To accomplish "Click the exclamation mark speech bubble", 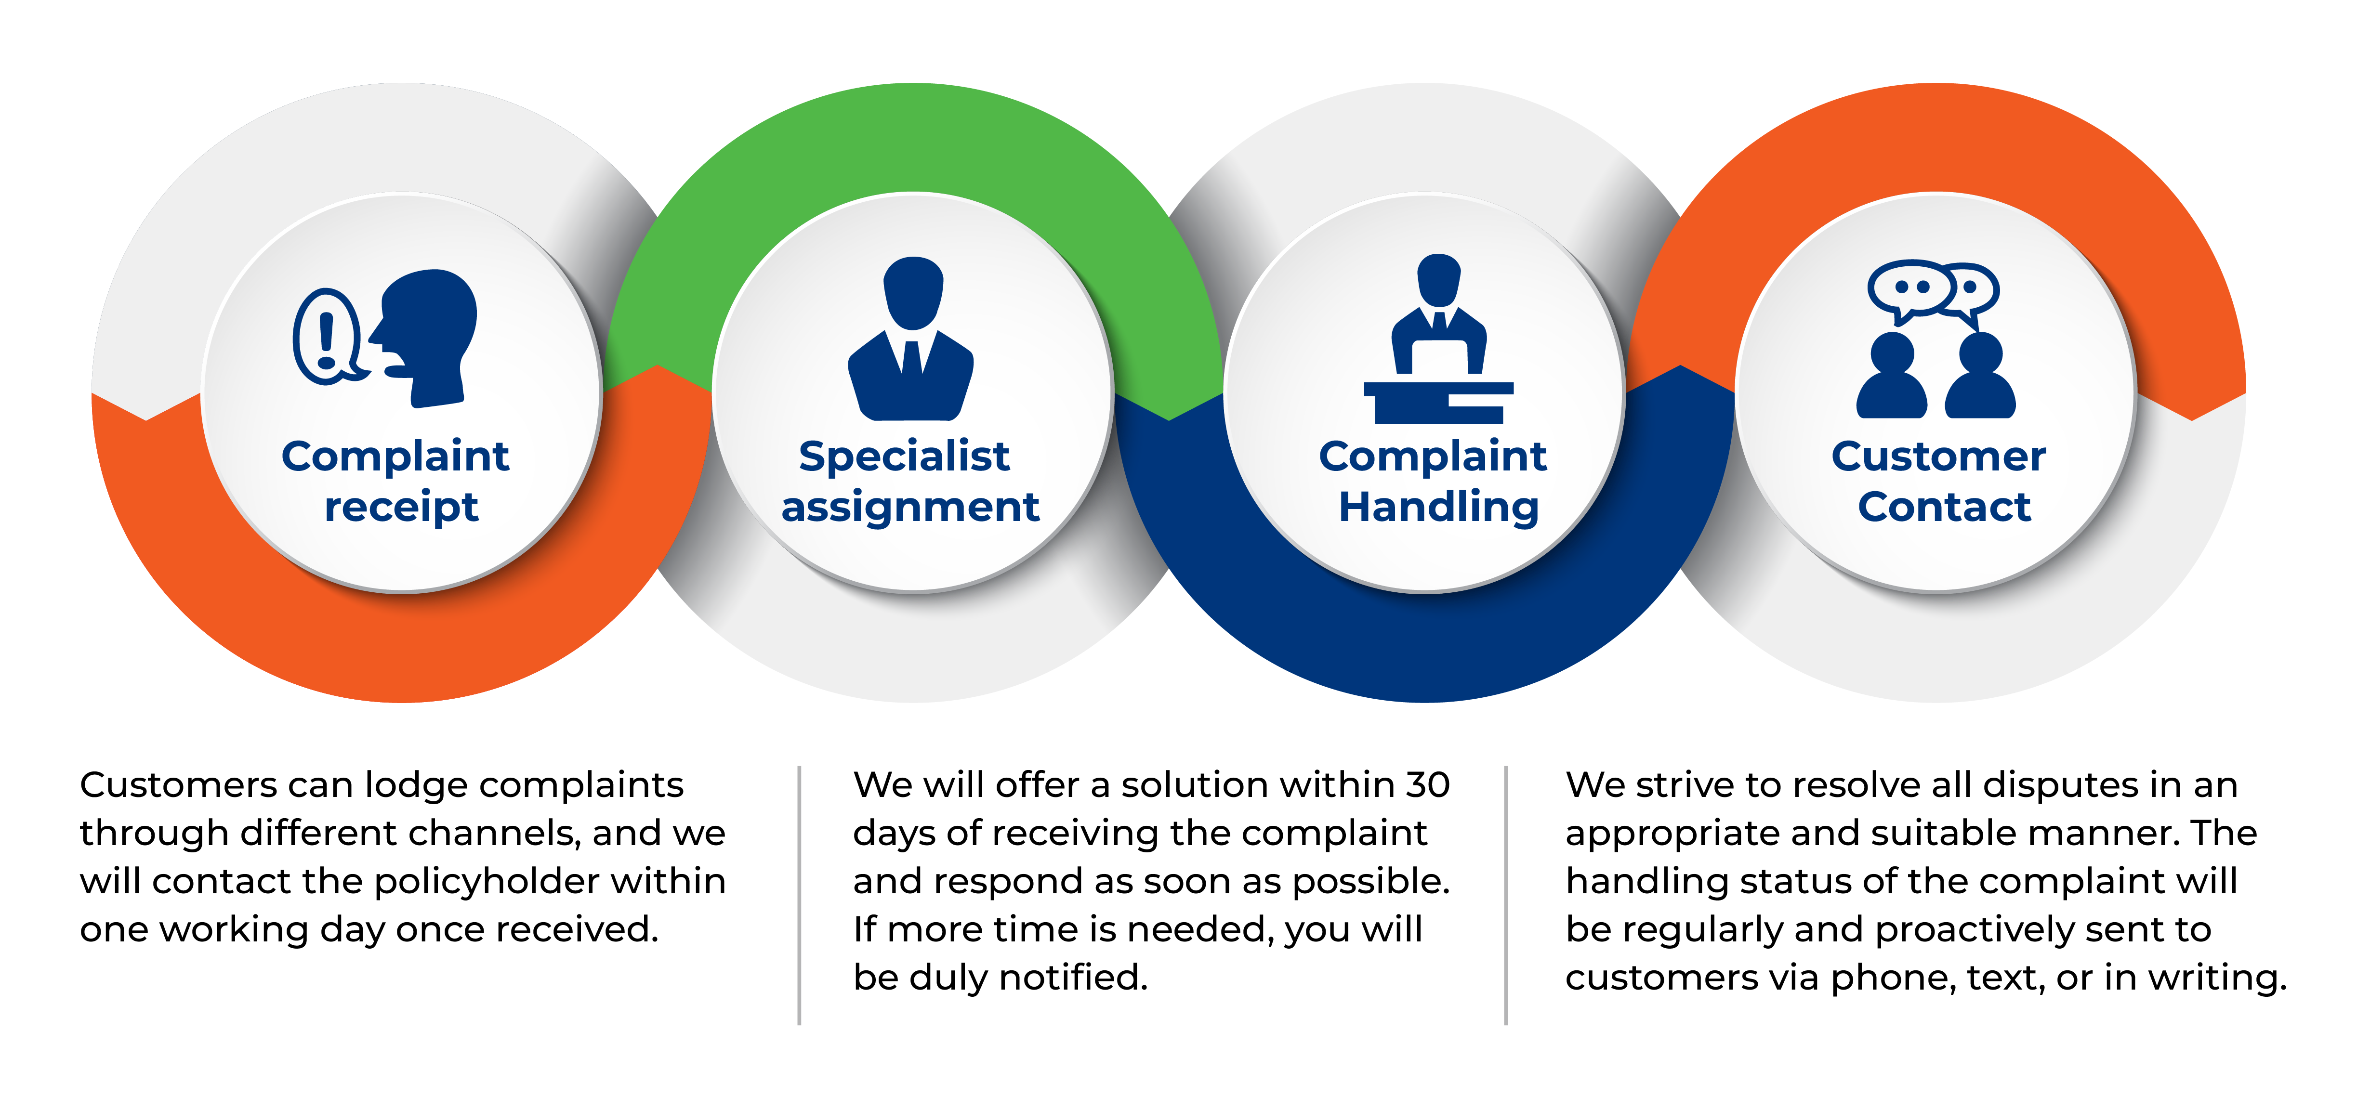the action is point(328,336).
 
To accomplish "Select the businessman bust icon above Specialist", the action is point(910,339).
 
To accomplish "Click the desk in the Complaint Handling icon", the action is point(1438,403).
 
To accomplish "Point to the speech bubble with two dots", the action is point(1910,291).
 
